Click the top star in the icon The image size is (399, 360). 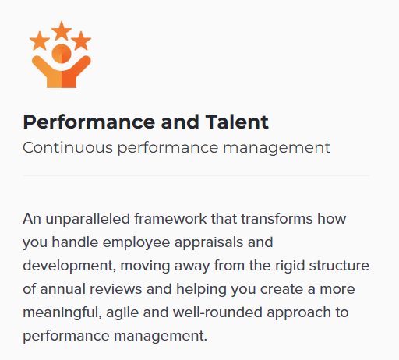(62, 31)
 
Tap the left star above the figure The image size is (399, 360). (40, 41)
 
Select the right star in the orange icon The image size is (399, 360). (81, 41)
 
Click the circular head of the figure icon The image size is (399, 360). (62, 54)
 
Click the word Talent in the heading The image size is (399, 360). (237, 122)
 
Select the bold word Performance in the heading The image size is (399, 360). (89, 122)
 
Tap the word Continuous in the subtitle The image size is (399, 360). (68, 147)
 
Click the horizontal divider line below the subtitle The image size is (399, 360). (196, 175)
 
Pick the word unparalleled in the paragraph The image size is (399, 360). (87, 219)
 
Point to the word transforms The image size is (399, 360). (277, 219)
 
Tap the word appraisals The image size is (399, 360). (209, 242)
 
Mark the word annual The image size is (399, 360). (62, 289)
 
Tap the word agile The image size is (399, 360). (122, 312)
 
